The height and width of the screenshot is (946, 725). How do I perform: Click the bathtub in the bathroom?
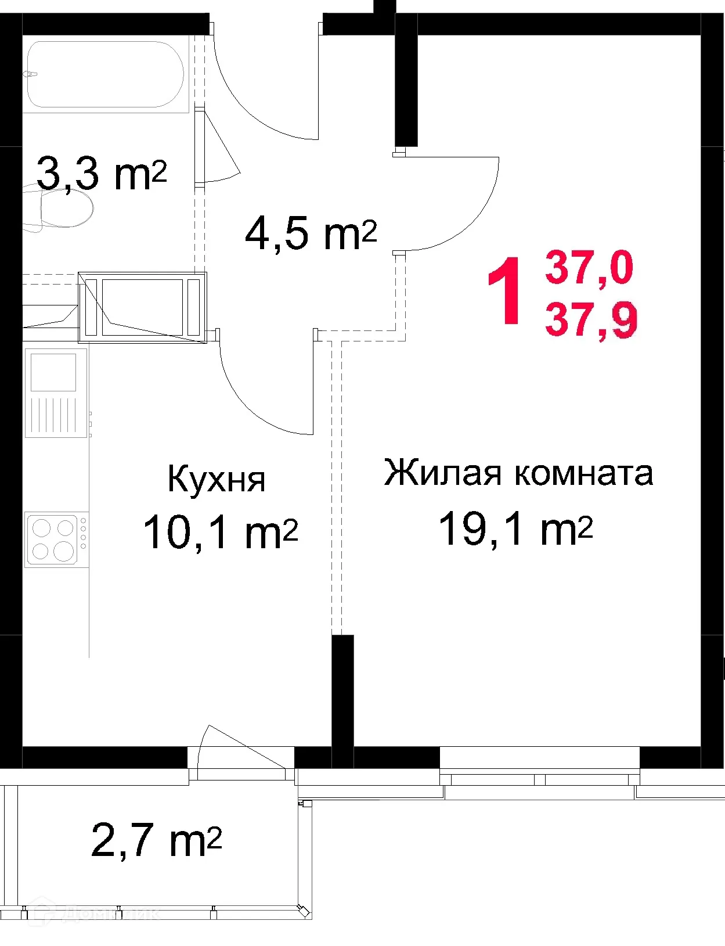click(x=106, y=74)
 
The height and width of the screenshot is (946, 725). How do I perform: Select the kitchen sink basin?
click(x=53, y=372)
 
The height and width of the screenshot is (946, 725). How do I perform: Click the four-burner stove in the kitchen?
click(x=53, y=538)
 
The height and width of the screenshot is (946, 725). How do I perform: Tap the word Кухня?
click(x=216, y=480)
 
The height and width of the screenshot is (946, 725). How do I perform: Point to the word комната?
click(x=584, y=474)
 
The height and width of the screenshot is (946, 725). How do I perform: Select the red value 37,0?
click(x=589, y=268)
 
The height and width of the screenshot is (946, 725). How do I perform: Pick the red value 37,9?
click(x=591, y=320)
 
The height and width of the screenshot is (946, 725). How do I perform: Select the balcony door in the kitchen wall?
click(x=241, y=758)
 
